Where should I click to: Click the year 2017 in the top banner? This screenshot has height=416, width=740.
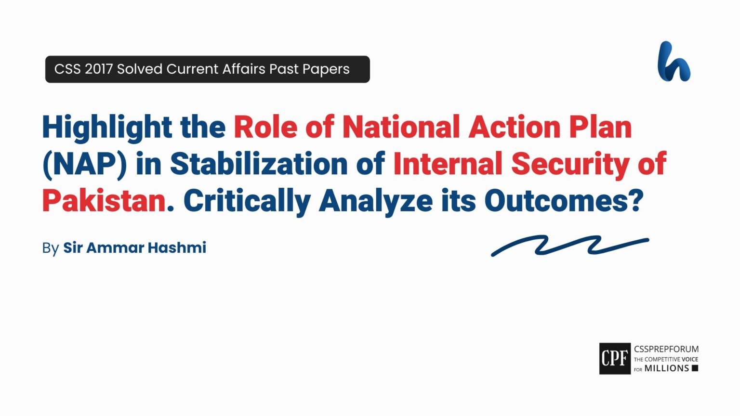[99, 69]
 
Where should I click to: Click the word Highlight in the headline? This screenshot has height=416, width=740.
[107, 128]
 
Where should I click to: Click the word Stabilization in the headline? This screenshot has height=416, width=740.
[259, 164]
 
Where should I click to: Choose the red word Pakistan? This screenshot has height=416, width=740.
[104, 201]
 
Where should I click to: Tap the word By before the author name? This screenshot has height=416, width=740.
[50, 248]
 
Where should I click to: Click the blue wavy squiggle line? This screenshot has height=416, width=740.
[570, 245]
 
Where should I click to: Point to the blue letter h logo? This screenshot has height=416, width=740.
[674, 62]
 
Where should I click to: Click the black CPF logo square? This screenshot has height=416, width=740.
[615, 359]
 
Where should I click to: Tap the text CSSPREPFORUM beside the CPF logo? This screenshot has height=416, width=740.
[666, 349]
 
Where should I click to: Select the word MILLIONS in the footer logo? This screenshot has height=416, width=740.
[667, 368]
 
